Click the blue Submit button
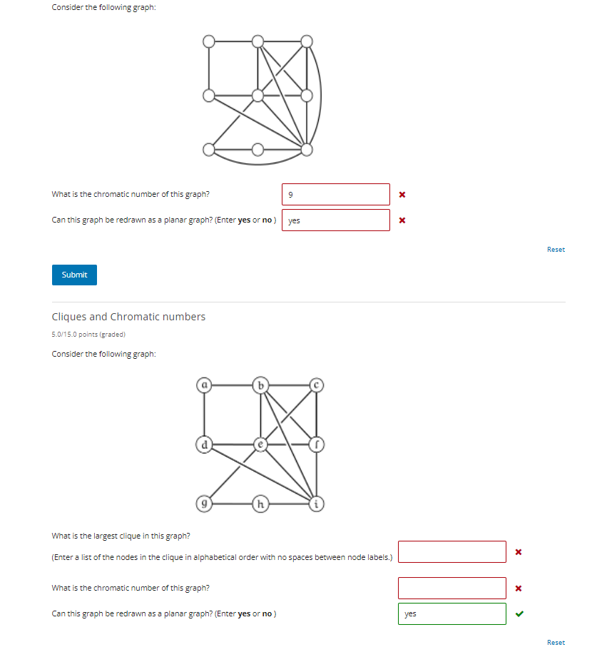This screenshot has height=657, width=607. [x=74, y=275]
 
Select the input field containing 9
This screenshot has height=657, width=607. [x=336, y=194]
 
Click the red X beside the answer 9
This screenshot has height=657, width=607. [x=402, y=194]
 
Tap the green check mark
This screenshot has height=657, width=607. [x=519, y=613]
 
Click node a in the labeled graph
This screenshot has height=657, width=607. [x=204, y=385]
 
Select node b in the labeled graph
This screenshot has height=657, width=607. [x=261, y=385]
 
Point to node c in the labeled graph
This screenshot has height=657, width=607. [x=317, y=385]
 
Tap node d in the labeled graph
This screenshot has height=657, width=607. [x=204, y=444]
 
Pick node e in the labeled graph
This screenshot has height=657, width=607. [x=261, y=444]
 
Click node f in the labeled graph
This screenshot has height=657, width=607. [x=317, y=444]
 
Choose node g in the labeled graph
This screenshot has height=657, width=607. [x=204, y=503]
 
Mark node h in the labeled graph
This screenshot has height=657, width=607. [x=261, y=503]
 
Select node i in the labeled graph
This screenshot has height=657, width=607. [x=317, y=503]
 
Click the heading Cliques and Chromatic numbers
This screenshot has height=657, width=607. [x=128, y=317]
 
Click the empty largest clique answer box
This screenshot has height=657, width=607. [x=452, y=551]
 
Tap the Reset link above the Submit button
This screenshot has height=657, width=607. [x=556, y=250]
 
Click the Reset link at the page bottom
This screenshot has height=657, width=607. [x=556, y=643]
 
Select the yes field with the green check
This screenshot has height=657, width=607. [x=452, y=613]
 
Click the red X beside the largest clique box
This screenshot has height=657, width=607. [x=519, y=551]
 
